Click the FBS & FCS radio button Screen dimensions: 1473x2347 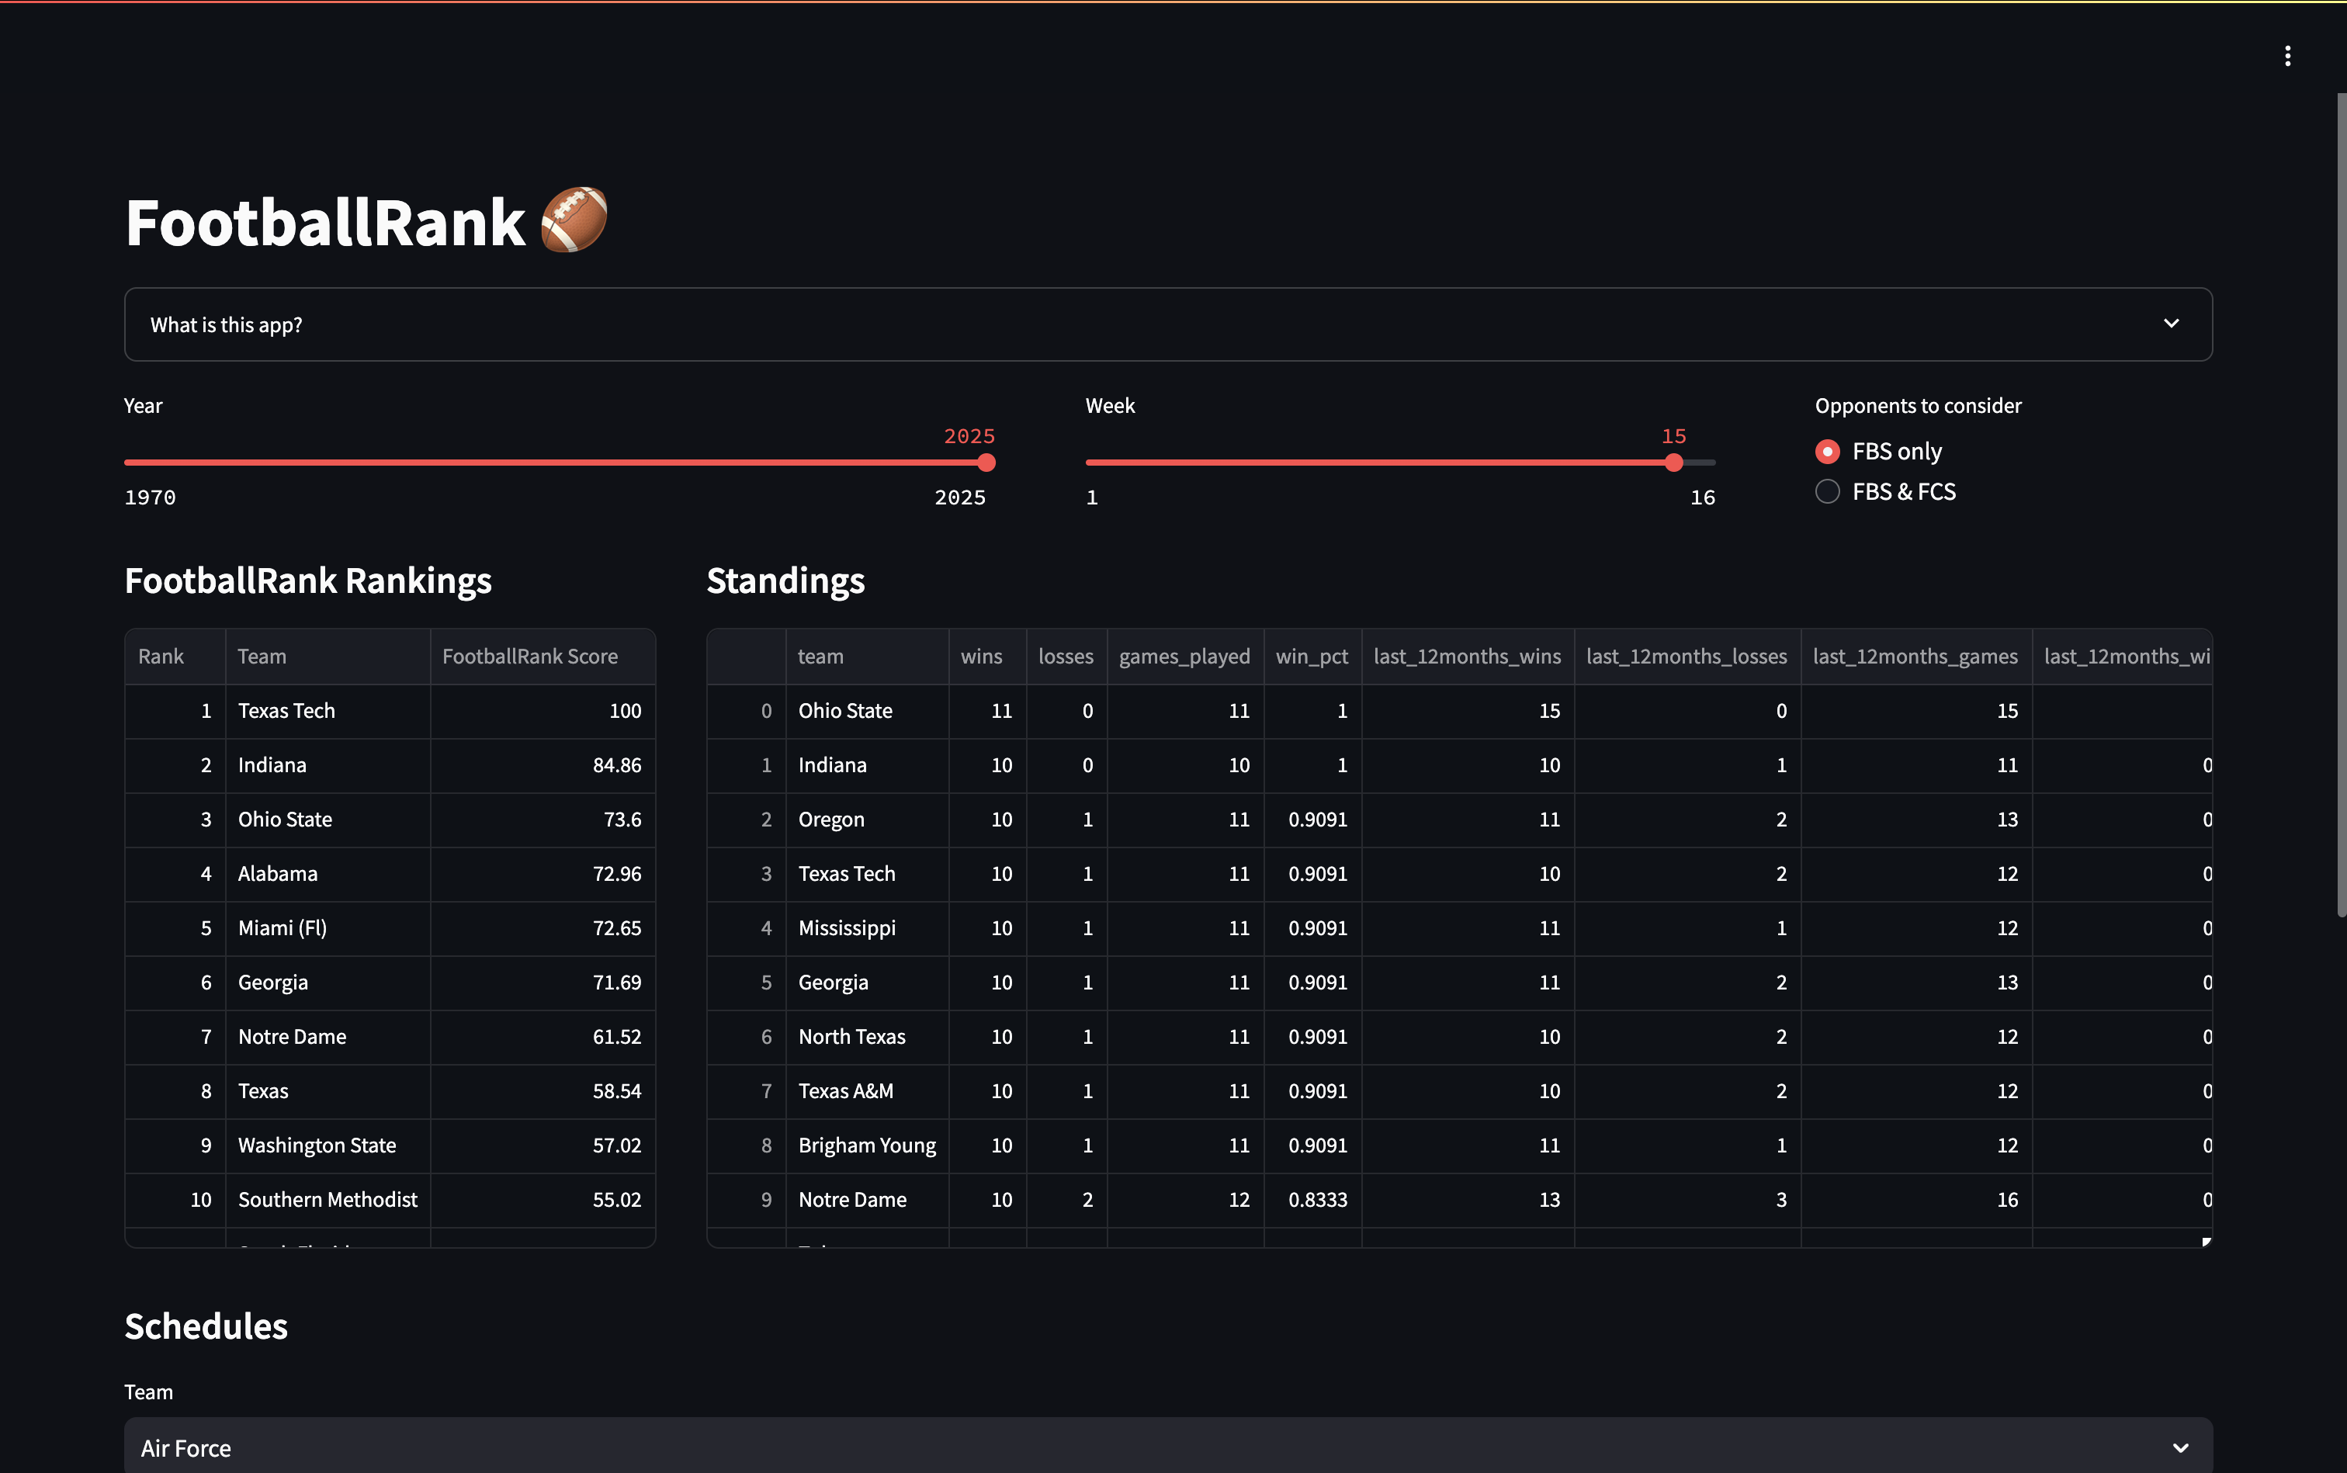(x=1827, y=492)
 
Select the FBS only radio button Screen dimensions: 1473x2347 (x=1827, y=452)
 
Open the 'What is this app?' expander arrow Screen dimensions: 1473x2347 (x=2171, y=324)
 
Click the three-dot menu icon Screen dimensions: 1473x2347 (x=2286, y=57)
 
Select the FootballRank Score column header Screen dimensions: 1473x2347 (x=530, y=657)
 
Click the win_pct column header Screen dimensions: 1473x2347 (x=1312, y=657)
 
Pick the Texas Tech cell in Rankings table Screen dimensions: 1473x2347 (x=286, y=711)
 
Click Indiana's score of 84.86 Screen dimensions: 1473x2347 (x=617, y=766)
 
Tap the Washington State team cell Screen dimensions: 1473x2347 (x=317, y=1145)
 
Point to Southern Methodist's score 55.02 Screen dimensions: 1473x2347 (x=617, y=1201)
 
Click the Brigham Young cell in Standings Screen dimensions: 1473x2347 (x=866, y=1145)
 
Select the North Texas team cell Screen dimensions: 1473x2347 (x=851, y=1037)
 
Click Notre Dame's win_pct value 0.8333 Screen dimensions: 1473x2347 (x=1317, y=1201)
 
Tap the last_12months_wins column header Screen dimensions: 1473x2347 (x=1466, y=657)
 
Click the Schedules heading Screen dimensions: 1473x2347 (x=206, y=1327)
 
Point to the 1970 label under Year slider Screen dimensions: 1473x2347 (x=150, y=497)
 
